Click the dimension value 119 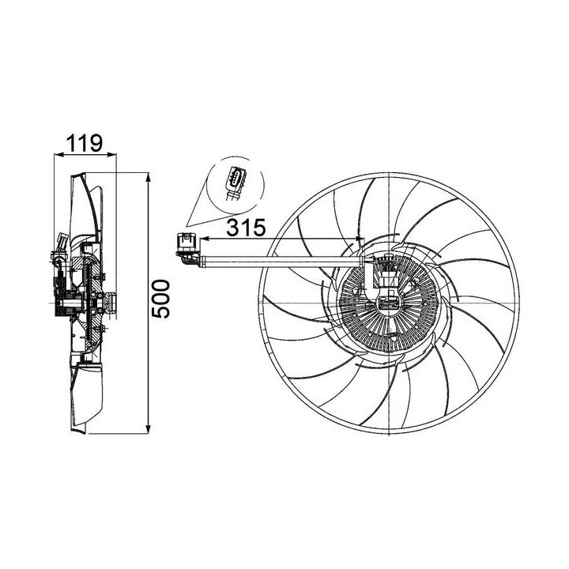(85, 143)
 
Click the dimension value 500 (160, 299)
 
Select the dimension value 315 (246, 228)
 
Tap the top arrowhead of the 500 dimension (148, 178)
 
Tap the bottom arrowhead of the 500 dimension (148, 429)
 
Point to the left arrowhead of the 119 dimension (58, 155)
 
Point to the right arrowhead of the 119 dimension (111, 155)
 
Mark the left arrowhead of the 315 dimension (205, 239)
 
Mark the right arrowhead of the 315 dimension (358, 239)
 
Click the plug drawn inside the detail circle (235, 183)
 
